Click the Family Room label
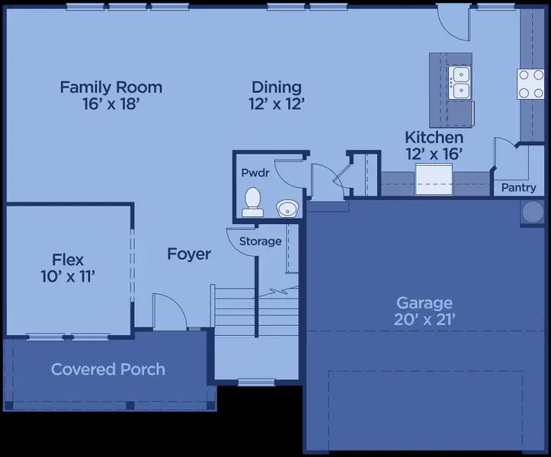(x=111, y=87)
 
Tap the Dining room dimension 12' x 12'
(x=277, y=105)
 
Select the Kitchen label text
(x=434, y=138)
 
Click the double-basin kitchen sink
(x=460, y=82)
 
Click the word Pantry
(x=518, y=187)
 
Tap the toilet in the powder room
(x=252, y=201)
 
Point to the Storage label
(x=261, y=241)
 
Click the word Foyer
(x=189, y=254)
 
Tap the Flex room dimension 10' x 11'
(x=68, y=276)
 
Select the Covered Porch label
(x=107, y=369)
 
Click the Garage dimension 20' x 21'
(x=424, y=320)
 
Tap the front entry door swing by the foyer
(x=166, y=311)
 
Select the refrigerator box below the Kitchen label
(x=434, y=179)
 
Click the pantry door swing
(x=505, y=155)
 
